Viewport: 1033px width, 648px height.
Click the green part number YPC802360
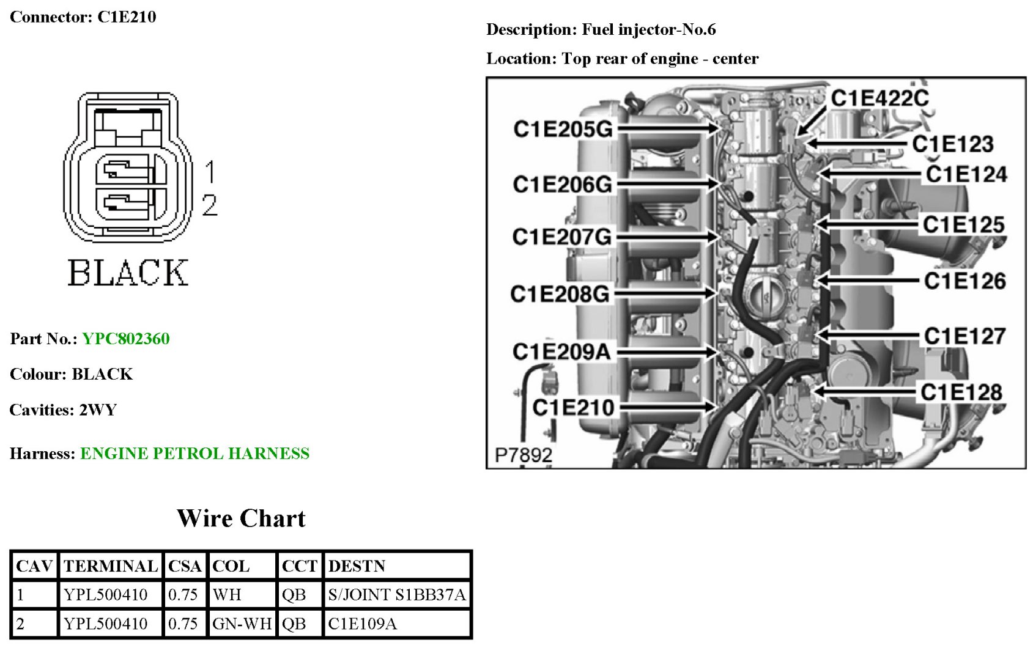pos(126,339)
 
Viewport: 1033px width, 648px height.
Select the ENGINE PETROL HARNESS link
pos(194,454)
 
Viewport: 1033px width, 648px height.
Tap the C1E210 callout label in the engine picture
pos(573,407)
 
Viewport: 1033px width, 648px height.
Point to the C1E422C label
pos(879,98)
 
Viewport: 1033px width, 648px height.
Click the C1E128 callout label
pos(961,392)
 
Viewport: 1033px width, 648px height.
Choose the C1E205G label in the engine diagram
pos(563,129)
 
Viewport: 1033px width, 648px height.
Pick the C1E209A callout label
pos(561,352)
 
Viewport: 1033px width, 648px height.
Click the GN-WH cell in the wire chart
pos(242,624)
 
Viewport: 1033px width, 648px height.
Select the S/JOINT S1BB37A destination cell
pos(396,594)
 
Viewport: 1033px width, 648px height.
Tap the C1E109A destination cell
pos(362,624)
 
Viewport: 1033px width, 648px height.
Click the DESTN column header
pos(357,566)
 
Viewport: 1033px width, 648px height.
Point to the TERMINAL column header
pos(111,566)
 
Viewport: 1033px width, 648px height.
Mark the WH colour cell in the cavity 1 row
pos(227,594)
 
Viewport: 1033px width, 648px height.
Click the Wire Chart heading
pos(241,518)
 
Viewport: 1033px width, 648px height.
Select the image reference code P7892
pos(523,455)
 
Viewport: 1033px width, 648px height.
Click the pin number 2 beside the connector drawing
pos(209,205)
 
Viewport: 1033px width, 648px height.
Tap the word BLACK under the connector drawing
pos(128,273)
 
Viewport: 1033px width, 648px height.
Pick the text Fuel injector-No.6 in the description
pos(648,29)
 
